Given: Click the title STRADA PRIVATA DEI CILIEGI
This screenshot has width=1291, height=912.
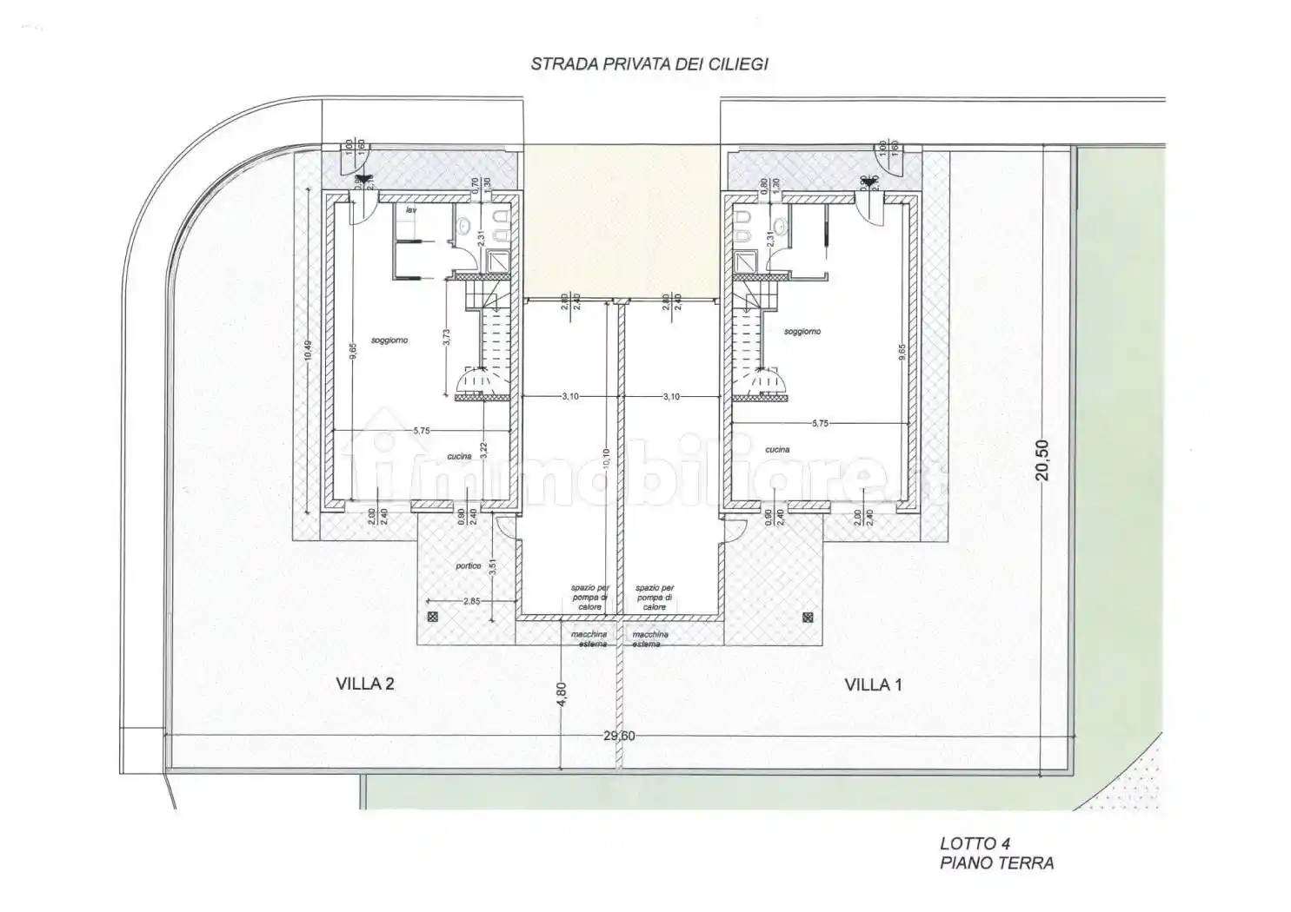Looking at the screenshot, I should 649,64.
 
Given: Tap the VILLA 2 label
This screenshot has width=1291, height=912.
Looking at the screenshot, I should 365,684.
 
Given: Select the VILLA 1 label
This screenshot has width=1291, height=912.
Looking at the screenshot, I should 873,684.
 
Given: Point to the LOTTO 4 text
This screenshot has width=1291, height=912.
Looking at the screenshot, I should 975,843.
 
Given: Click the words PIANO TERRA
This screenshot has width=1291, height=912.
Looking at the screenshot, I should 996,862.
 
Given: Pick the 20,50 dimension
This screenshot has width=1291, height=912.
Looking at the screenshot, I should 1043,459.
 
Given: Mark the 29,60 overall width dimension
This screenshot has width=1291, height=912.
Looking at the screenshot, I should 619,736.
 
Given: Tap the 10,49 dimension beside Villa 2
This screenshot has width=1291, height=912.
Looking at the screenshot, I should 307,352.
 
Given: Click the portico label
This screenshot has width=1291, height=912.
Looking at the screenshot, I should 468,566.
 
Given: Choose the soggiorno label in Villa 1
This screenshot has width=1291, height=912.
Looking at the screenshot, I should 802,332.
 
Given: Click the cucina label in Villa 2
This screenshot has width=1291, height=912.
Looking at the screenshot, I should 459,457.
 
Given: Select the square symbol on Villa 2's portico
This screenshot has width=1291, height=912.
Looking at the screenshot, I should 434,618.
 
